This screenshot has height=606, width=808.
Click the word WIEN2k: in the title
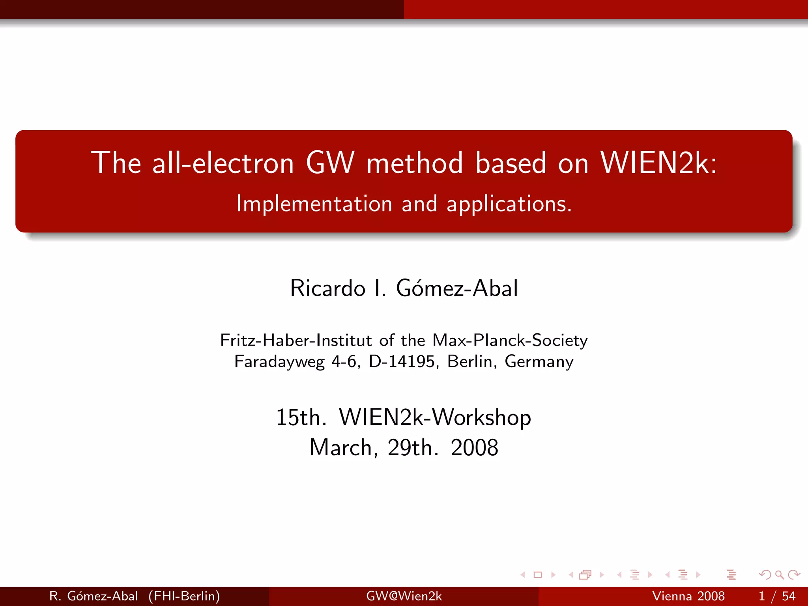658,163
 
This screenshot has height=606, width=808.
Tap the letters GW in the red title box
330,163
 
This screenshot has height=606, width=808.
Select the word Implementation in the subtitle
314,204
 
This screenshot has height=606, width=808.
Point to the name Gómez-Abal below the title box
457,288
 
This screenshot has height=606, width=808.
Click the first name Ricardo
327,288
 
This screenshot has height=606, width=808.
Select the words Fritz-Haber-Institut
296,340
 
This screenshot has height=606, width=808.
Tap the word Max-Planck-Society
510,340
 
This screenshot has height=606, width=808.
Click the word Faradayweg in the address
279,362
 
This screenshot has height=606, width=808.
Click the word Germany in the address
539,362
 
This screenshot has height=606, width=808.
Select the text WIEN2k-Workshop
435,417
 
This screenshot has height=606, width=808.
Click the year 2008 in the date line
474,448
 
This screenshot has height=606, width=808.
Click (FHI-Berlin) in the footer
184,596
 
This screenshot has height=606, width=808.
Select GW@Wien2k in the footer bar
404,596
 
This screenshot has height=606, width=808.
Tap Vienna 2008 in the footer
688,596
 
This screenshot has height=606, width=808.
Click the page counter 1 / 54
777,596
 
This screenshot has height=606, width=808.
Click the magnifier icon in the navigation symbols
779,575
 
